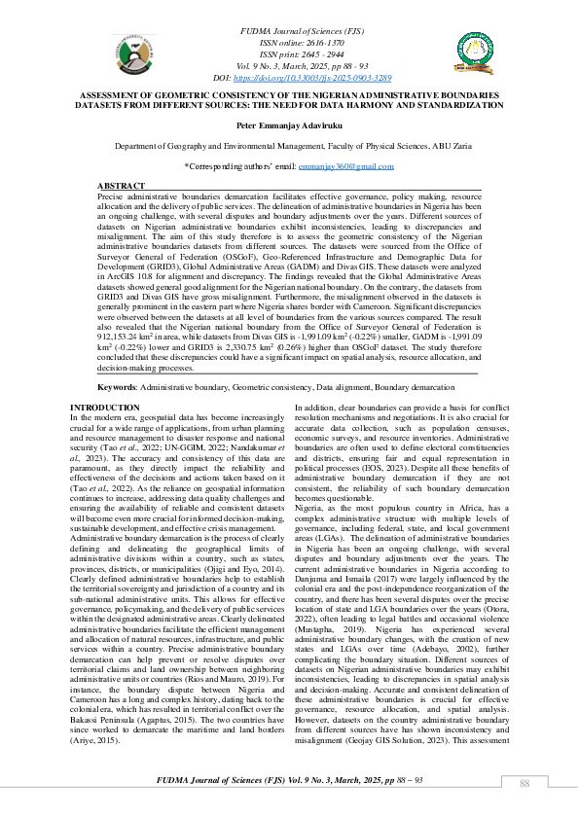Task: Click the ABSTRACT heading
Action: (x=122, y=185)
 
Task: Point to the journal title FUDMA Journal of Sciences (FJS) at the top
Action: (x=289, y=33)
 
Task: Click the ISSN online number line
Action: (x=289, y=44)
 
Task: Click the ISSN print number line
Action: (x=289, y=54)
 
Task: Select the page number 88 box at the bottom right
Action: (x=524, y=784)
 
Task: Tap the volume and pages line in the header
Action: (x=289, y=65)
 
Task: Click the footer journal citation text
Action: (x=289, y=781)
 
